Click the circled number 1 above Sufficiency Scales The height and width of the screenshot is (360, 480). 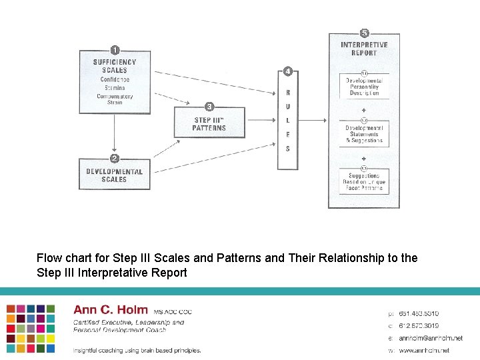point(115,50)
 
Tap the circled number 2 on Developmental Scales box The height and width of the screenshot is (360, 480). point(115,159)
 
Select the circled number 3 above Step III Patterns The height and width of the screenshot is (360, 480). point(209,107)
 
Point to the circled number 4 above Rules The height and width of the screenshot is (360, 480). point(287,71)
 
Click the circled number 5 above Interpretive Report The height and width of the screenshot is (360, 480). point(364,33)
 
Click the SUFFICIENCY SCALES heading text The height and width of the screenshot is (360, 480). point(115,66)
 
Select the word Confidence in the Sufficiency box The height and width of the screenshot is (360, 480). point(115,79)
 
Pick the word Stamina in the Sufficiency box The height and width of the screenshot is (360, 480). point(115,87)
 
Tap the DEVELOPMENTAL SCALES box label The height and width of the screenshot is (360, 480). point(115,175)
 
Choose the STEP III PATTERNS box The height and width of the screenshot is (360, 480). point(209,124)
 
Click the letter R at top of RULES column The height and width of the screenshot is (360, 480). point(288,93)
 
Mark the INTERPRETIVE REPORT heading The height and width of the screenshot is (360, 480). point(364,49)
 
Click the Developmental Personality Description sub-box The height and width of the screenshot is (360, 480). point(364,87)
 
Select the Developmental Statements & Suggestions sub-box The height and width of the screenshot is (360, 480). point(364,134)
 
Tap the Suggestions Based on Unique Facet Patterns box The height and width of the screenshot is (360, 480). point(364,181)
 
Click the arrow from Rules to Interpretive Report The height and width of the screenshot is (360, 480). point(313,121)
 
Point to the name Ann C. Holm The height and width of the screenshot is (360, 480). point(110,310)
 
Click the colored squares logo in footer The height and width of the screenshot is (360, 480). point(31,328)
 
